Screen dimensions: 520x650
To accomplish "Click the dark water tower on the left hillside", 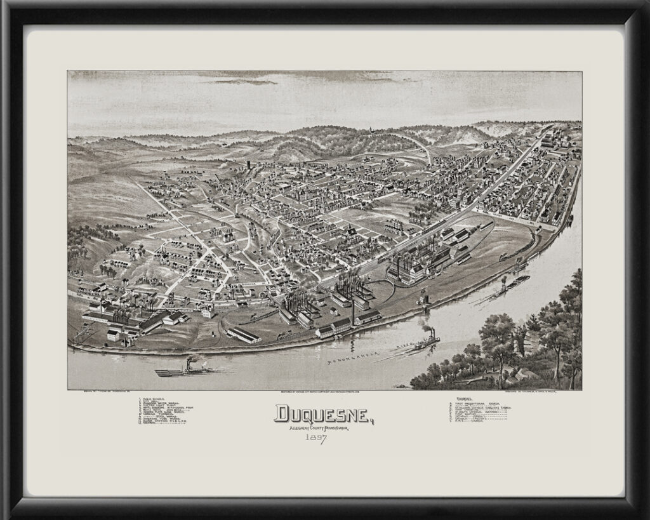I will point(248,164).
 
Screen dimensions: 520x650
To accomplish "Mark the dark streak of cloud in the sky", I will point(244,81).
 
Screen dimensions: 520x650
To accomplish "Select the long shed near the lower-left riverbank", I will point(244,335).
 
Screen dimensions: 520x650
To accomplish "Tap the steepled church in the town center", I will point(350,232).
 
